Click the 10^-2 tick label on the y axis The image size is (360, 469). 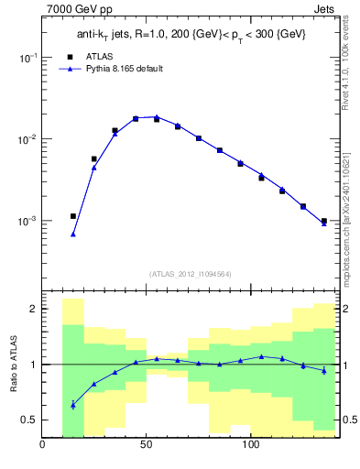click(27, 139)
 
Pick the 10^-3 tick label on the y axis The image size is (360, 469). click(27, 222)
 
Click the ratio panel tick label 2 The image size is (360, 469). click(32, 309)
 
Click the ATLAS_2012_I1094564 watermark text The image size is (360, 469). click(190, 274)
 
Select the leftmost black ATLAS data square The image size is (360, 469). click(73, 216)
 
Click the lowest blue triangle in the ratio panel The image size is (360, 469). click(73, 404)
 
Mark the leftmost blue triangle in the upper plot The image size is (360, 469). click(73, 234)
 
